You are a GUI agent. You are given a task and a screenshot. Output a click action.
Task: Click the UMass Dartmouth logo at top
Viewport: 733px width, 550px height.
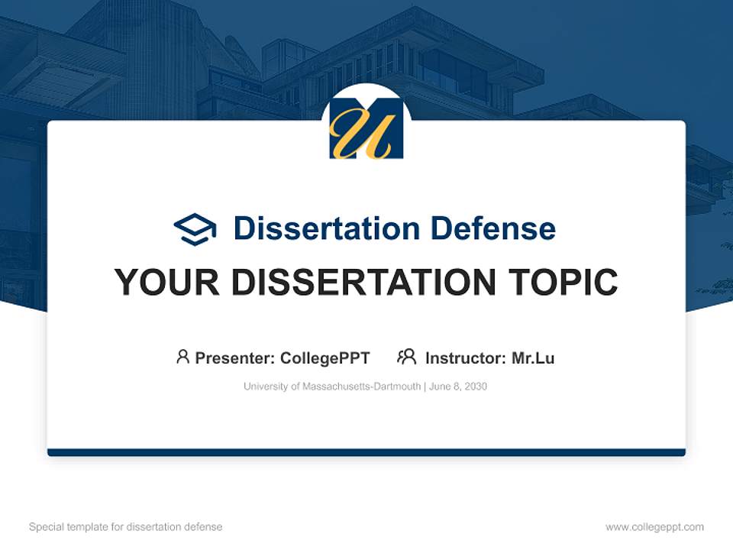(366, 128)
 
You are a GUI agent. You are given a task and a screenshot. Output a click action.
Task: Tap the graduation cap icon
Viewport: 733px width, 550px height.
(195, 229)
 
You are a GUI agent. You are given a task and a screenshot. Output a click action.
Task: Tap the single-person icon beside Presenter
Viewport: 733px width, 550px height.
(182, 357)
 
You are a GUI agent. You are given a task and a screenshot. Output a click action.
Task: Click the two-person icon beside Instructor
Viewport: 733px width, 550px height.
(406, 357)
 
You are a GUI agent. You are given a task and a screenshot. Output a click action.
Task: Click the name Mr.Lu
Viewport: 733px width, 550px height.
(533, 357)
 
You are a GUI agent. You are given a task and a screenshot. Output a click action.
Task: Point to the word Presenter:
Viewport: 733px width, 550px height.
(235, 357)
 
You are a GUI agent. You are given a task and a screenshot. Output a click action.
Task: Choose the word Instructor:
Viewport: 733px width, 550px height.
(465, 357)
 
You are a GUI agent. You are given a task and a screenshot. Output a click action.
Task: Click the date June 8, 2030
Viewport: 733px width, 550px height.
(458, 387)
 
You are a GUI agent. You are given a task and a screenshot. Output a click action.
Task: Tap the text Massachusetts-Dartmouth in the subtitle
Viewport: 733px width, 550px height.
(361, 387)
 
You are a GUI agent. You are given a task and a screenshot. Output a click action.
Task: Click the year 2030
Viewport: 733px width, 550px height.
(475, 387)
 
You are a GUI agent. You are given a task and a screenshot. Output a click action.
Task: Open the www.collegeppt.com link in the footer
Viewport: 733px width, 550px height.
(654, 527)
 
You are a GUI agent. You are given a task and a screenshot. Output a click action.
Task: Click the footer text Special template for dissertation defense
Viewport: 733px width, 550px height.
(125, 527)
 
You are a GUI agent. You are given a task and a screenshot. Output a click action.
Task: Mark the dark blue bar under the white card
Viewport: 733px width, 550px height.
(366, 452)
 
